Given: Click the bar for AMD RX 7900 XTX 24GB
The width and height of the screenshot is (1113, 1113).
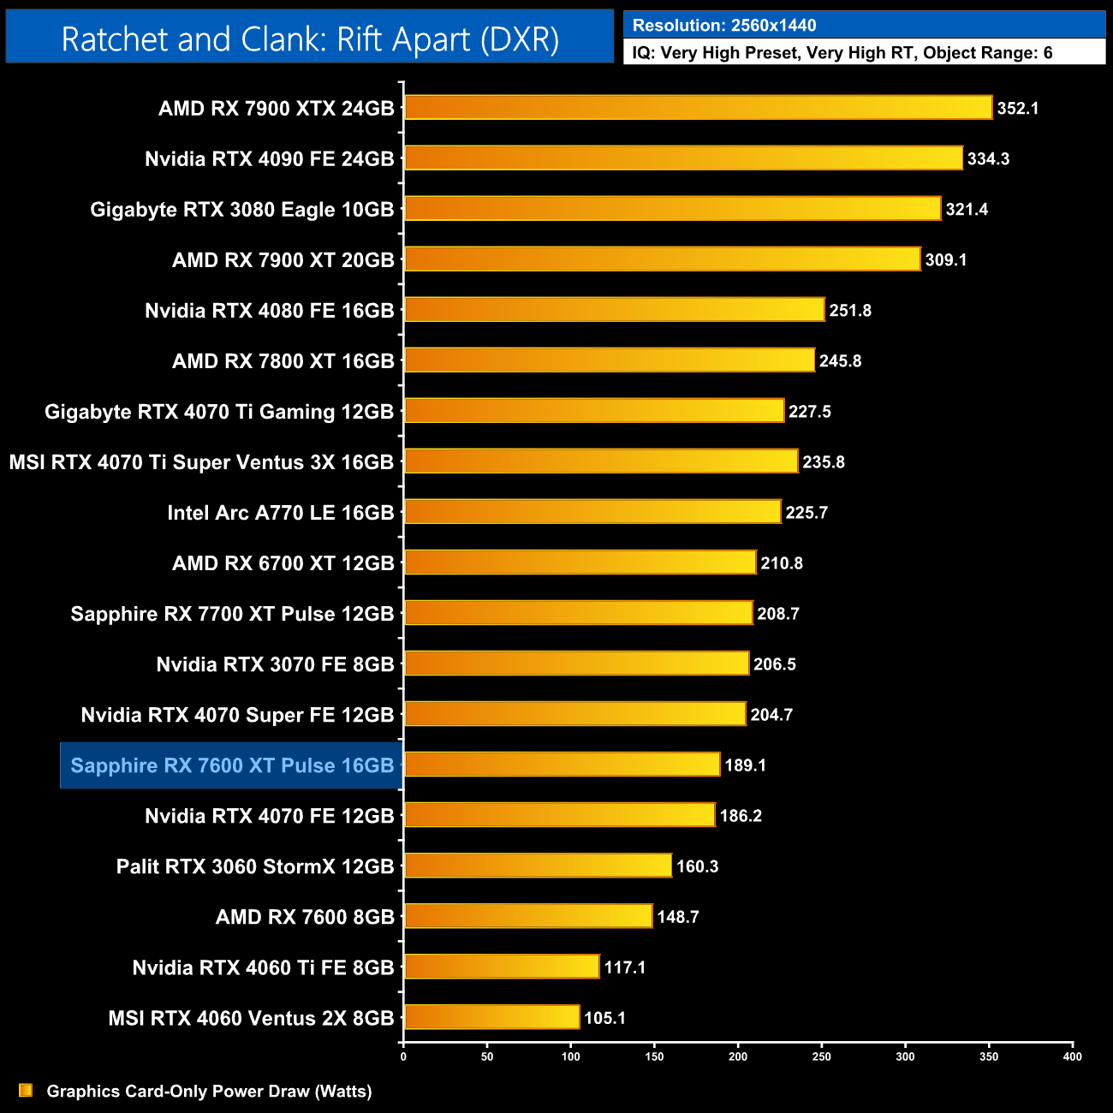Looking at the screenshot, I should coord(698,108).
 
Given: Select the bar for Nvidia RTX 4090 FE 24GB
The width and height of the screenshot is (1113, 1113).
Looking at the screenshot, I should coord(683,158).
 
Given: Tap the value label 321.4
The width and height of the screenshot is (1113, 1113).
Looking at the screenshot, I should coord(967,210).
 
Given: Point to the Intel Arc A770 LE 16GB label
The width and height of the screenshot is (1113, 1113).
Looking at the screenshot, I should coord(280,513).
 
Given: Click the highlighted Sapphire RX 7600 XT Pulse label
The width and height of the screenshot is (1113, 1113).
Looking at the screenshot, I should coord(232,765).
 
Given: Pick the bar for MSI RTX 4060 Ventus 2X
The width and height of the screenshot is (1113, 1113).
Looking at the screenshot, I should coord(491,1017).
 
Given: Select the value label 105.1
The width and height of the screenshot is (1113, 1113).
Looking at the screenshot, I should coord(604,1018).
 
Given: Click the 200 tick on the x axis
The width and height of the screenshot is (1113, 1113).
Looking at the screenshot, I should coord(738,1056).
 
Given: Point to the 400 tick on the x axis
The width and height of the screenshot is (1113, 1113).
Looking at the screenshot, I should coord(1072,1056).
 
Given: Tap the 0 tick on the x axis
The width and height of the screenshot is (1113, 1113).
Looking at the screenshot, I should coord(403,1056).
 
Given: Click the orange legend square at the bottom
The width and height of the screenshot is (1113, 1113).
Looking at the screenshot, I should coord(26,1091).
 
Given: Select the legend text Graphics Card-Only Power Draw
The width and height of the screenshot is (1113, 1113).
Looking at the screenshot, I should coord(209,1092).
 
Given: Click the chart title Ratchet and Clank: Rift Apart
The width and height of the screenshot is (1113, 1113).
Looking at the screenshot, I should coord(310,39).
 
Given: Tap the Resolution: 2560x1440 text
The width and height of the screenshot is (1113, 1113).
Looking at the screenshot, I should coord(724,26).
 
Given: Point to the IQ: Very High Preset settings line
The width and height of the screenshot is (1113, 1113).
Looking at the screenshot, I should coord(842,53).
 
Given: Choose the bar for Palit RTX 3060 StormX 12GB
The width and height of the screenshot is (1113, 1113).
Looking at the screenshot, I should coord(538,866).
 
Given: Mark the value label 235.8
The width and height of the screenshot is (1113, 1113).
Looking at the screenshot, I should coord(823,462).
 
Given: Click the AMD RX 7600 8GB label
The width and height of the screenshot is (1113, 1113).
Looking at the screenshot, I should coord(305,917).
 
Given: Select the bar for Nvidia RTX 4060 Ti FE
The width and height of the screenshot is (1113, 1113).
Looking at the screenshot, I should coord(502,967).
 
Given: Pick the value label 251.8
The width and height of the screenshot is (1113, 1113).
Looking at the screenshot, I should coord(850,311).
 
